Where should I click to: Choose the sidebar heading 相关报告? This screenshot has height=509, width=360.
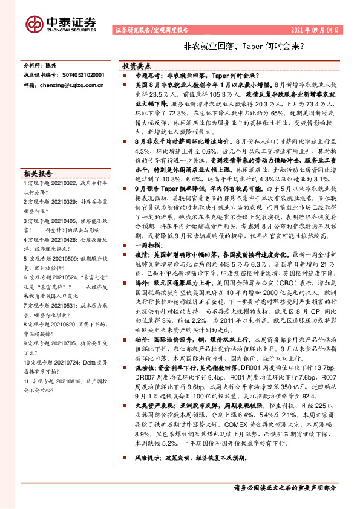38,172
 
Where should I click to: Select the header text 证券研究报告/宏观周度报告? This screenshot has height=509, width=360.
151,29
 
